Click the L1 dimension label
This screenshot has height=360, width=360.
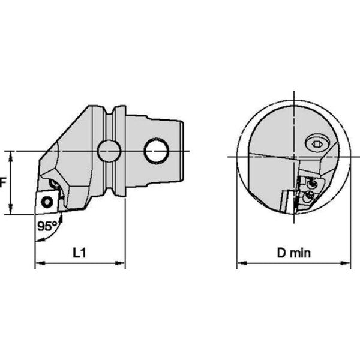79,253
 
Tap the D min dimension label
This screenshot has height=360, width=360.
294,253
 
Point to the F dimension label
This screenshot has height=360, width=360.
2,183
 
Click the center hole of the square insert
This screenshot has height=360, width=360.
47,202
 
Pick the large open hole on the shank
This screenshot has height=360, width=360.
157,151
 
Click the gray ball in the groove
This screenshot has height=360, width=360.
109,151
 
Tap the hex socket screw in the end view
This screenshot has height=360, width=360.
317,144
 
